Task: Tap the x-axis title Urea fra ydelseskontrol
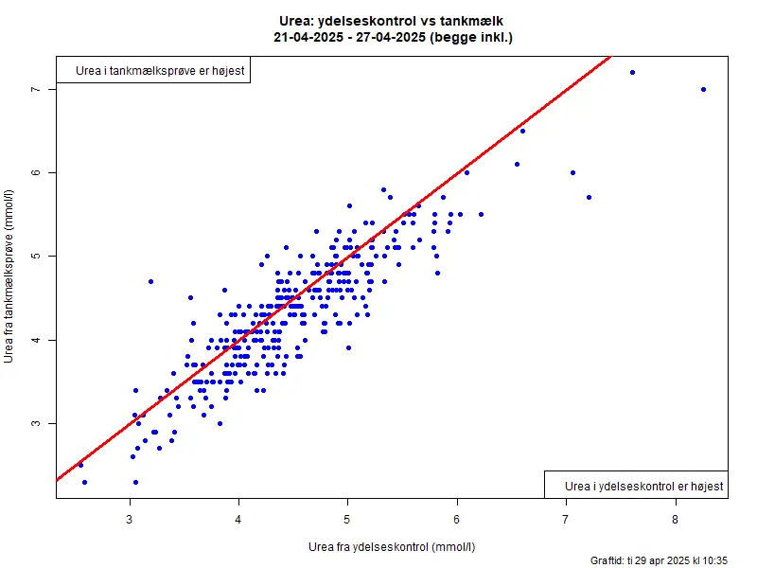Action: tap(392, 547)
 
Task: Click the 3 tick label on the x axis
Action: tap(130, 519)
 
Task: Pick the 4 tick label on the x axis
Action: tap(238, 519)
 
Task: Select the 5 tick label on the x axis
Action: tap(347, 519)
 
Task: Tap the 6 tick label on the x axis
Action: tap(457, 519)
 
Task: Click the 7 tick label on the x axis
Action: tap(566, 519)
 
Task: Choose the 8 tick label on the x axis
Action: tap(675, 519)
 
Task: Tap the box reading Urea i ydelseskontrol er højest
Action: tap(636, 486)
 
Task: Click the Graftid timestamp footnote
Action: tap(659, 560)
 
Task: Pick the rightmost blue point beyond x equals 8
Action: tap(703, 89)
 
